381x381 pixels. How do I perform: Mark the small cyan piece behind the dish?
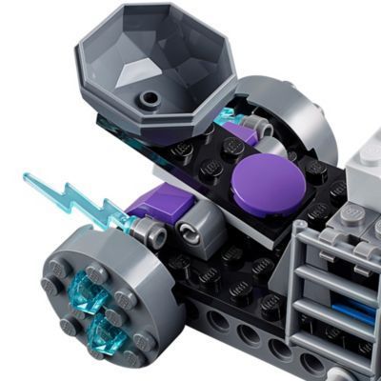point(225,117)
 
